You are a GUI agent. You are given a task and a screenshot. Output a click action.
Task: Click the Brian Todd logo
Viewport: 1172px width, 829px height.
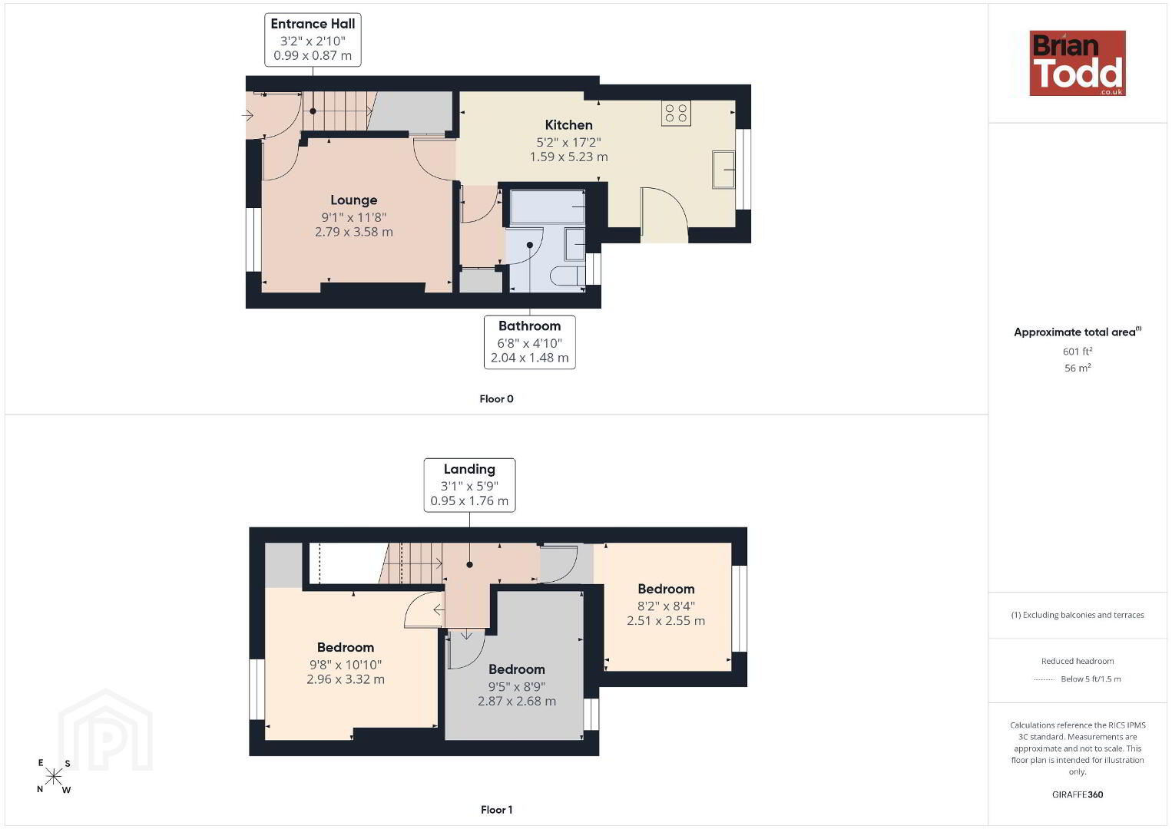1078,63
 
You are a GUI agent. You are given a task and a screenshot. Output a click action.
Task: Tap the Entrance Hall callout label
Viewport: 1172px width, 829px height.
313,40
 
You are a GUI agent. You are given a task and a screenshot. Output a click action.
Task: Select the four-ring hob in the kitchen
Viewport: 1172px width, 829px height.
676,113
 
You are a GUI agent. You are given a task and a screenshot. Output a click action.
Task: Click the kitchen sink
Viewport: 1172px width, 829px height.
723,170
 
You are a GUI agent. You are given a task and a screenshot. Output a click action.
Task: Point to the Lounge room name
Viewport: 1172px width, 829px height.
354,200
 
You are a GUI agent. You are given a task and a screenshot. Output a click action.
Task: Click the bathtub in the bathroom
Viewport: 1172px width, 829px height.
548,208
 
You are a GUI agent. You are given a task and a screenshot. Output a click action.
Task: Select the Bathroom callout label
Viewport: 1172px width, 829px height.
529,342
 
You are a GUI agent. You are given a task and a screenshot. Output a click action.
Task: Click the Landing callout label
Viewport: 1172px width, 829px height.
469,485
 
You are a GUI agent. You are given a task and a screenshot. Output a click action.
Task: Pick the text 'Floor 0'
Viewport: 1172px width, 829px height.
497,399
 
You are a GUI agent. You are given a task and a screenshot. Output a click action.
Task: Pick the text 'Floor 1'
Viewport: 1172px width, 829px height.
497,810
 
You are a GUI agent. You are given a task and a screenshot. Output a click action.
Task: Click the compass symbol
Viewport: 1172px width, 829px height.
53,777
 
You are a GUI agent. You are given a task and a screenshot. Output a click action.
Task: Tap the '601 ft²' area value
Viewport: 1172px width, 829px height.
1078,351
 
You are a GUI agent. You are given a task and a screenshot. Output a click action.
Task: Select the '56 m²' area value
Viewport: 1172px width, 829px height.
1078,368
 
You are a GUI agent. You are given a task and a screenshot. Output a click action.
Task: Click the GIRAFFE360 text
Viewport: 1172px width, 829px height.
1078,794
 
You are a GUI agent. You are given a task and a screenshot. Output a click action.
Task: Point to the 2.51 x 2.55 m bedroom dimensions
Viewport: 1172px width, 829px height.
666,621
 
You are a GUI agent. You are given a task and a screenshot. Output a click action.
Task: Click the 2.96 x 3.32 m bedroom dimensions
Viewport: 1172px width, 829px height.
346,679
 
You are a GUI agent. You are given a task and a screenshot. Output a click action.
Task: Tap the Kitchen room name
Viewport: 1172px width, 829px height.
569,125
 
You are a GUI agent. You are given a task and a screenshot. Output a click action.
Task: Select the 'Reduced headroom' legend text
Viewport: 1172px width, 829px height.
1078,661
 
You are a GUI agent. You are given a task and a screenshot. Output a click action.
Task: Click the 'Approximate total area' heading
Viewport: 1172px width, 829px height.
1078,332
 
